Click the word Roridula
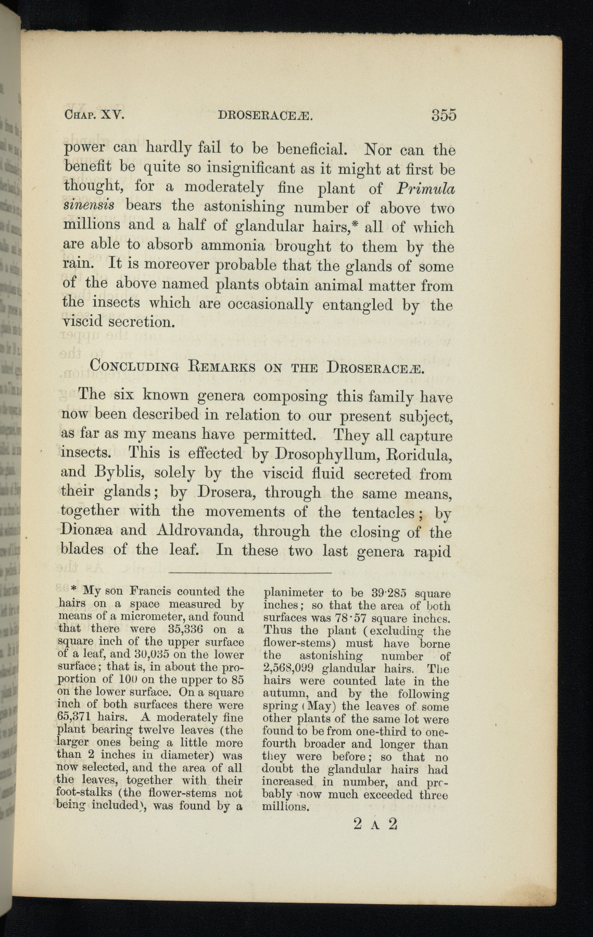click(420, 454)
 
